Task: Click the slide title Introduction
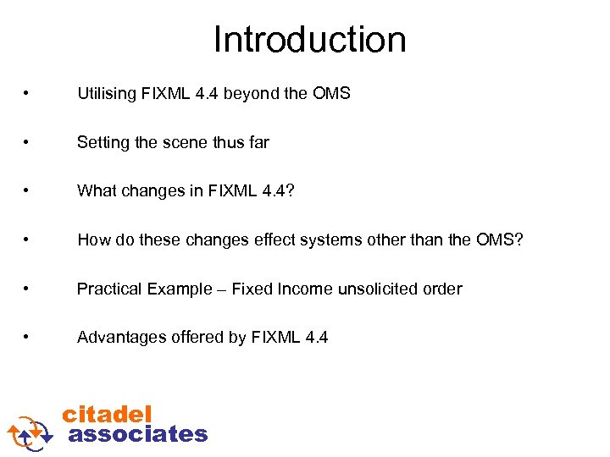309,40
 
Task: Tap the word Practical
109,289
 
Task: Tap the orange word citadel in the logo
107,414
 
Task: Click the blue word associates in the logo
137,434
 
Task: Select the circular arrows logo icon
30,431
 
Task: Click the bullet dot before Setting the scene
29,143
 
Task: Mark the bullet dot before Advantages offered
29,338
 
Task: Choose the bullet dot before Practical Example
29,289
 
